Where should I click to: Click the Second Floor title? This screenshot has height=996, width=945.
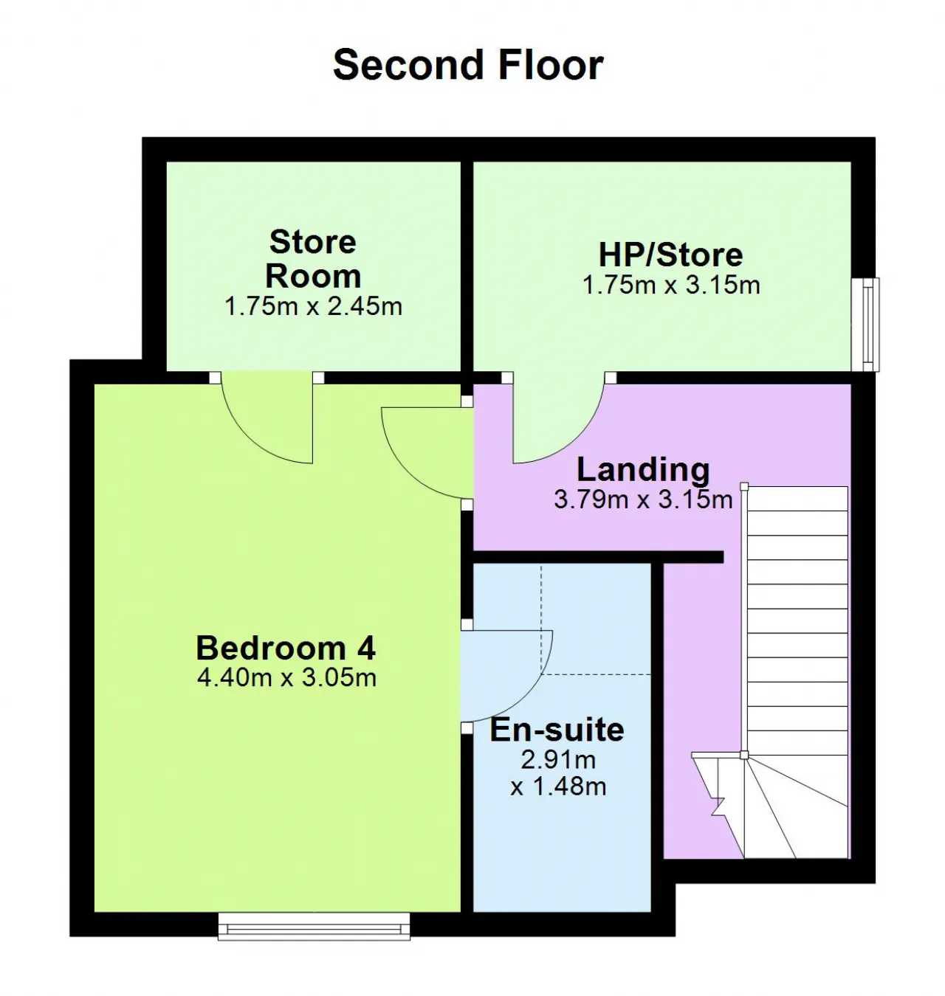(467, 64)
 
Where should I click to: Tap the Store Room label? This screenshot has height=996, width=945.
(313, 259)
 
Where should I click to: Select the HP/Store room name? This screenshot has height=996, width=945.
(670, 255)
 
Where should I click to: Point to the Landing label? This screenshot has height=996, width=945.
(643, 470)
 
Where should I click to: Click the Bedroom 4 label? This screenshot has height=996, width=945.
(286, 648)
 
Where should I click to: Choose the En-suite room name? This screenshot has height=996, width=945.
(556, 730)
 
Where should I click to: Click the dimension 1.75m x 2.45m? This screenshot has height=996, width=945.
(313, 306)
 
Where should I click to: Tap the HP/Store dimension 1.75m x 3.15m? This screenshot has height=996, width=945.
(670, 286)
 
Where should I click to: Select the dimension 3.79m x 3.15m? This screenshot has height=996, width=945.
(643, 499)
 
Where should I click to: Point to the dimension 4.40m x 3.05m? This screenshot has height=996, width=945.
(286, 678)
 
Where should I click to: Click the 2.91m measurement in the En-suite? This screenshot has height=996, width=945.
(557, 759)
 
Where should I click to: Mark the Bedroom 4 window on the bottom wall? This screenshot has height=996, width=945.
(314, 927)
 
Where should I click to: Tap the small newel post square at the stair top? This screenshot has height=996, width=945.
(743, 486)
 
